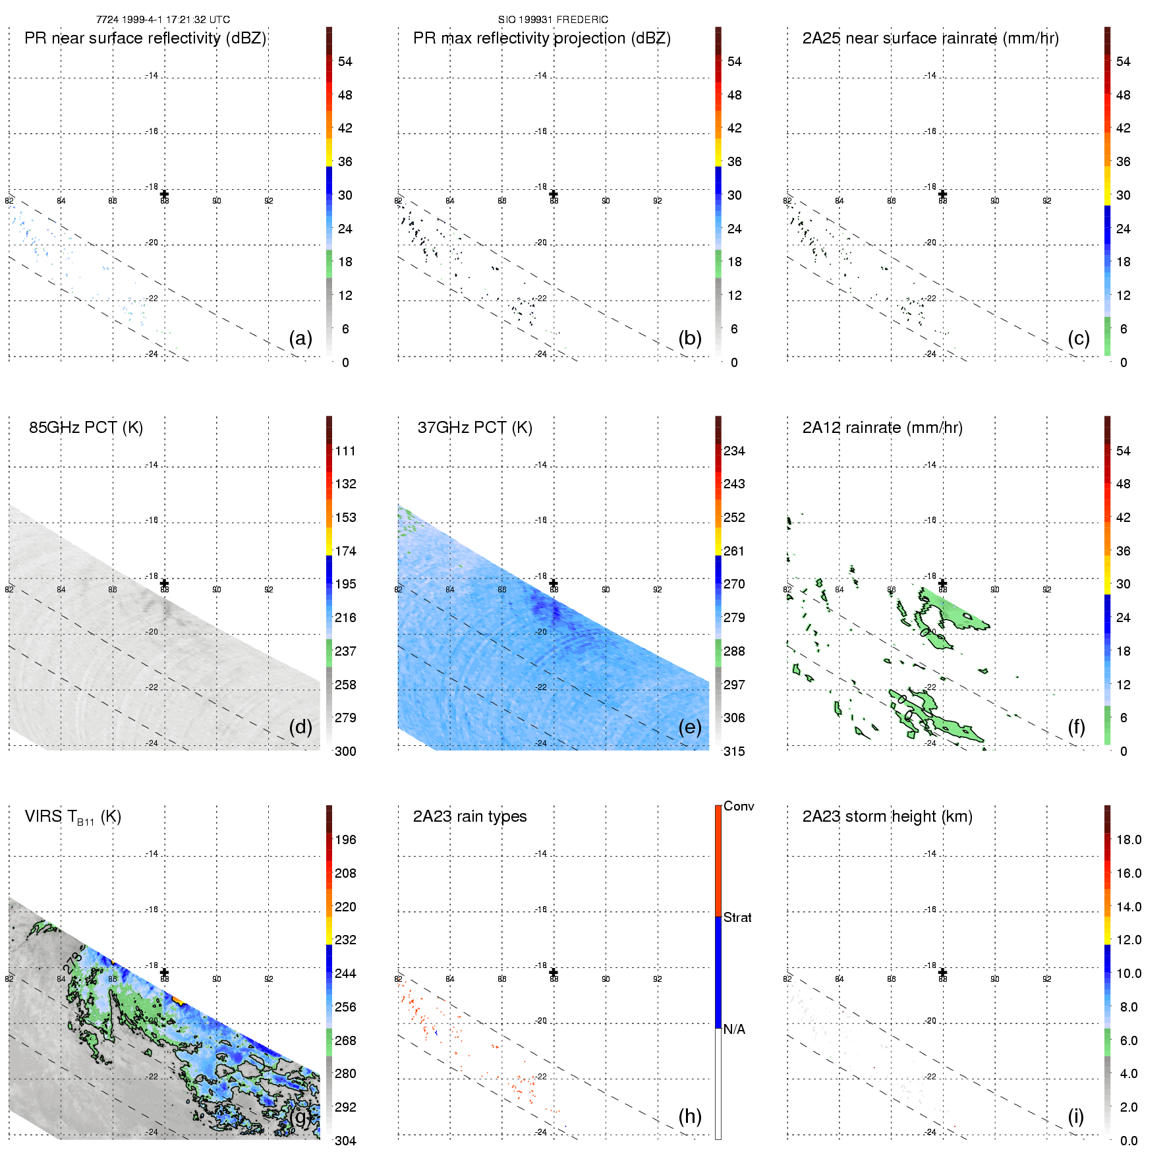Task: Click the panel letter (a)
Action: (300, 338)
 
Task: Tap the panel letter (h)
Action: (689, 1116)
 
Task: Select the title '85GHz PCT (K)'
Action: (86, 427)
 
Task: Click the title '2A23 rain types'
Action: (469, 816)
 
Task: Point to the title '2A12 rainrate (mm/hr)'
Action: (882, 427)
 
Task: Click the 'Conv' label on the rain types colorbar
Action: (739, 806)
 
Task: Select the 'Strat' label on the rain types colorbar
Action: (737, 917)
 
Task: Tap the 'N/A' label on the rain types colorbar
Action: (735, 1029)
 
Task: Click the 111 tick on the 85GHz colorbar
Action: (345, 451)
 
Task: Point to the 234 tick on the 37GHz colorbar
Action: (734, 451)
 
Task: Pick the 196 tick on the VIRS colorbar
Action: (345, 840)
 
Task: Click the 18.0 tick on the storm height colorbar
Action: (1128, 840)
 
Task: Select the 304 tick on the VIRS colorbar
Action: (345, 1141)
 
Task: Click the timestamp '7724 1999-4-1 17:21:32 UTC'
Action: (163, 20)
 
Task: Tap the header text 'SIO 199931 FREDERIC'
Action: (553, 20)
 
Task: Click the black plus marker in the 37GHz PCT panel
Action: (554, 583)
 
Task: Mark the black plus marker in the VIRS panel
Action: (164, 972)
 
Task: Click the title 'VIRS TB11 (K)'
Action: (72, 816)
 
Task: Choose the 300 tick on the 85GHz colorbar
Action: (345, 751)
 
